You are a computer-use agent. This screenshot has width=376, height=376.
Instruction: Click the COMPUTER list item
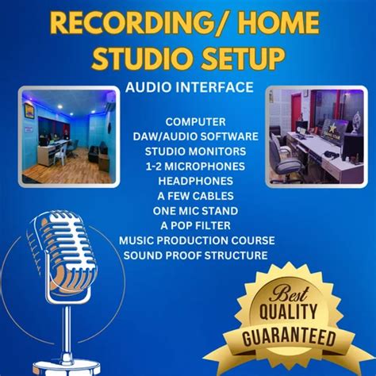click(x=195, y=121)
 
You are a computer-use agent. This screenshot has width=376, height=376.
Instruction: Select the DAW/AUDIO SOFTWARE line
click(x=195, y=136)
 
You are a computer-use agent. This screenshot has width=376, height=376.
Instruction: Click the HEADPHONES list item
click(x=195, y=180)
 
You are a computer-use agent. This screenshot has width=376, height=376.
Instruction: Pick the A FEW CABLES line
click(x=195, y=195)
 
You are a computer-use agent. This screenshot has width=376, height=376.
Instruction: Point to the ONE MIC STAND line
click(x=195, y=210)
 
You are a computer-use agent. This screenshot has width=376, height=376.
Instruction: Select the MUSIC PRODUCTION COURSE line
click(x=197, y=240)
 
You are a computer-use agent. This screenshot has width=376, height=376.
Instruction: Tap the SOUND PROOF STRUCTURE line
click(x=195, y=255)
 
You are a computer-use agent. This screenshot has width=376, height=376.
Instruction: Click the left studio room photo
click(x=68, y=136)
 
